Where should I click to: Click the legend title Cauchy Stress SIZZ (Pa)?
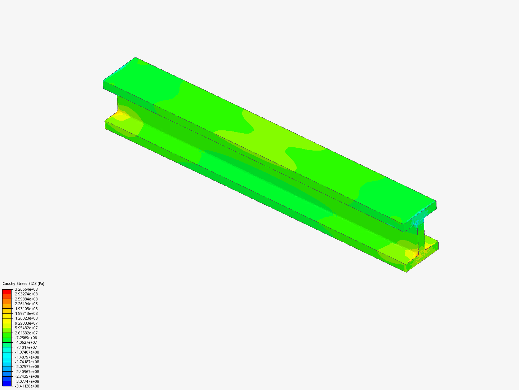pos(23,283)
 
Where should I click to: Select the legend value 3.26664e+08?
pos(26,289)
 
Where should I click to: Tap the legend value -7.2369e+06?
pos(26,338)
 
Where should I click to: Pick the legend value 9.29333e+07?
pos(26,323)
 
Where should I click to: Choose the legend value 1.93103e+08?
pos(26,309)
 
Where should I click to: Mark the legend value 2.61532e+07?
pos(26,333)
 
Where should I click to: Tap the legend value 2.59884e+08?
pos(26,299)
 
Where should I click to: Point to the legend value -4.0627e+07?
pos(26,342)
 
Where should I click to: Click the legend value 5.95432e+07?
pos(26,328)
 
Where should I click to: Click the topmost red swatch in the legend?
pos(7,291)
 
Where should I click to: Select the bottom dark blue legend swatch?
pos(7,383)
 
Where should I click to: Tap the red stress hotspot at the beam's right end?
pos(417,255)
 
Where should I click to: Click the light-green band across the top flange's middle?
pos(267,134)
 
